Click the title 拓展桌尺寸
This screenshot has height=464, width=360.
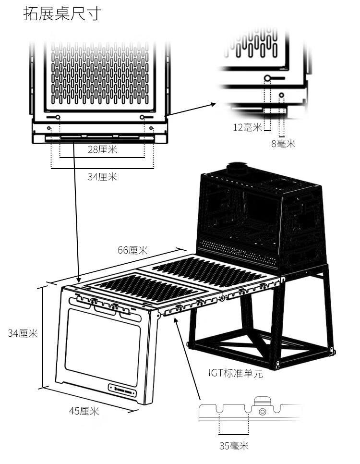(62, 13)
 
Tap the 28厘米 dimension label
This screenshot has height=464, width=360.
(102, 149)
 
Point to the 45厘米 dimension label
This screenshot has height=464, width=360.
(84, 411)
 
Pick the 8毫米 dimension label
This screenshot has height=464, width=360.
(283, 143)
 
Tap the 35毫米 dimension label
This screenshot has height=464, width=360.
(234, 446)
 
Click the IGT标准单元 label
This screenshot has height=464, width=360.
(236, 373)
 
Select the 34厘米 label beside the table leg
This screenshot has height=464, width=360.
(23, 333)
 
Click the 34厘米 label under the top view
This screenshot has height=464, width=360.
(102, 177)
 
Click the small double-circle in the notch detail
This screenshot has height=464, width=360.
(262, 412)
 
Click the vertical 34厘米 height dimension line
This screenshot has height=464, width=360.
(44, 336)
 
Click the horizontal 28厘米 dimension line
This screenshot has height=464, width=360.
(102, 158)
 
